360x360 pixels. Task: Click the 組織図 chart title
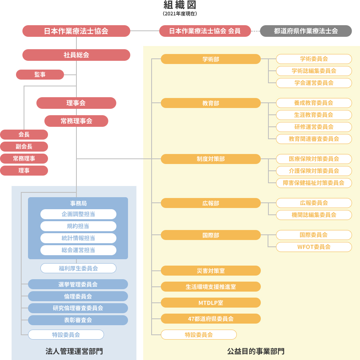tap(180, 5)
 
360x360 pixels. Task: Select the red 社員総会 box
tap(76, 55)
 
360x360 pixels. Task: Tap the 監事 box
tap(40, 75)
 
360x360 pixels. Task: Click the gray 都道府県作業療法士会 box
tap(306, 31)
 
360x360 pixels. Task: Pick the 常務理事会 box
tap(76, 121)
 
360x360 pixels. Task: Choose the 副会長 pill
tap(24, 146)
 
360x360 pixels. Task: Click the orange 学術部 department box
tap(211, 59)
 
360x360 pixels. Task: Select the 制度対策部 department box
tap(211, 159)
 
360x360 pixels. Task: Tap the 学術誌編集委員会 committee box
tap(314, 71)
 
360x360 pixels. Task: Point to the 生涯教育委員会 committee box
tap(314, 115)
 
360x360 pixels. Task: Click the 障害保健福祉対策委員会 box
tap(314, 183)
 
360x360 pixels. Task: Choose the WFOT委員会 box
tap(314, 247)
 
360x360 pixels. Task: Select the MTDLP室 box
tap(211, 303)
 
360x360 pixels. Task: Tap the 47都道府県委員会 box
tap(211, 319)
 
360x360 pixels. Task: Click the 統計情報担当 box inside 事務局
tap(78, 238)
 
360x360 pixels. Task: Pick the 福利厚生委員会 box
tap(78, 268)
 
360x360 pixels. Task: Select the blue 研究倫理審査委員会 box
tap(78, 308)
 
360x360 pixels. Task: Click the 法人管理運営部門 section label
tap(74, 351)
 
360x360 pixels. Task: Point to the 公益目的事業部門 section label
tap(256, 351)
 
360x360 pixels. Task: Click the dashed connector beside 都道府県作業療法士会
tap(256, 31)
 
